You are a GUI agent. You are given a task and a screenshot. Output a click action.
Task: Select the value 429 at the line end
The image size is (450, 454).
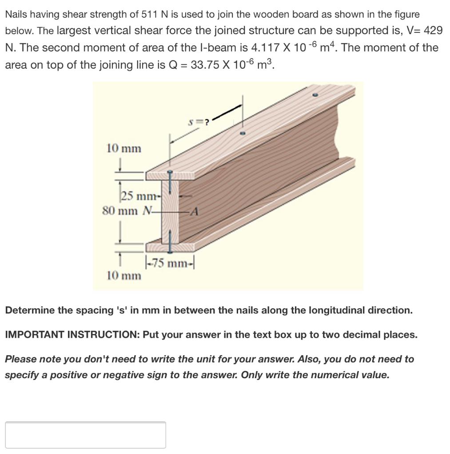(x=433, y=31)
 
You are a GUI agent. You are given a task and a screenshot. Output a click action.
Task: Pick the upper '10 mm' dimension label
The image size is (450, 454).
(x=124, y=149)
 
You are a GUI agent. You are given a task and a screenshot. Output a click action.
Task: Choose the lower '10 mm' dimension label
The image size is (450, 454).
(x=124, y=276)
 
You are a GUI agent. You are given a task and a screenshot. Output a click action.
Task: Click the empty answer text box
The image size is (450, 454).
(x=85, y=434)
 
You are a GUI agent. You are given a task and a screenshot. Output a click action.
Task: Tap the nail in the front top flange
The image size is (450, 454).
(x=169, y=176)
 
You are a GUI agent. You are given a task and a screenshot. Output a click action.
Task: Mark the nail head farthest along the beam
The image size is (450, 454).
(x=315, y=95)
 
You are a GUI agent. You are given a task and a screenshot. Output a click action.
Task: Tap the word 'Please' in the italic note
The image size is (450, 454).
(x=19, y=359)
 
